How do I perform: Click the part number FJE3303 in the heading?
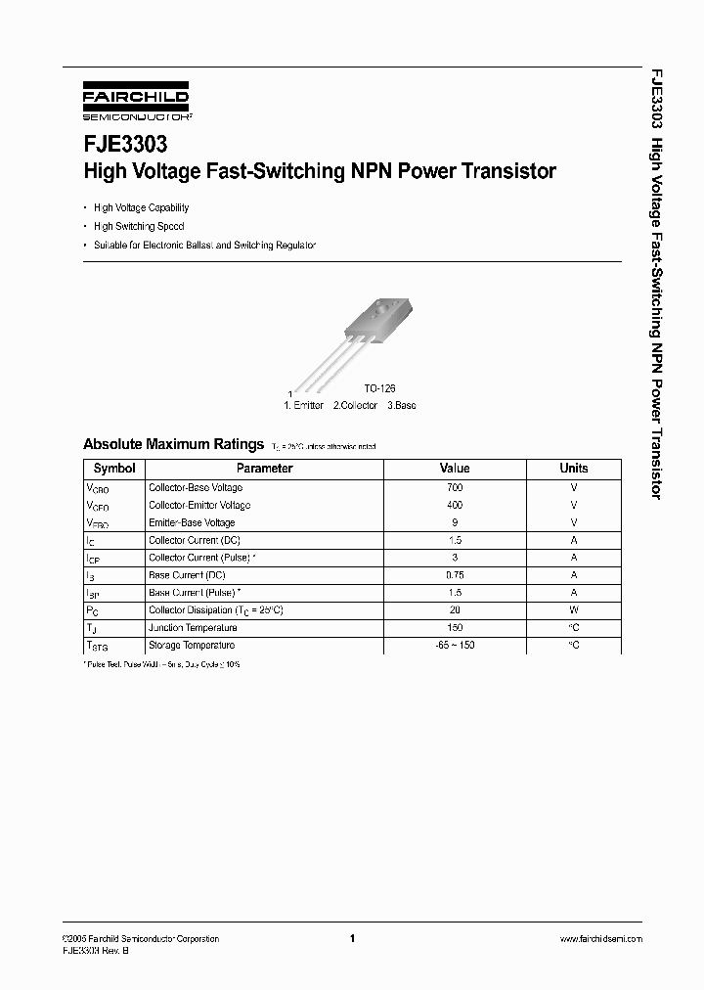click(x=117, y=144)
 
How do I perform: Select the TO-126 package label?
click(x=379, y=388)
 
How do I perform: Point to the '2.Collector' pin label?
click(x=355, y=404)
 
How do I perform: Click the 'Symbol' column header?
click(x=114, y=469)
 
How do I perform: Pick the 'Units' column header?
click(x=574, y=469)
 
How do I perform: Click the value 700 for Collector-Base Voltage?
click(x=455, y=487)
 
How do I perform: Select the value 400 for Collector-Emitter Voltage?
click(x=455, y=505)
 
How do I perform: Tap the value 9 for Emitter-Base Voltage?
click(x=455, y=522)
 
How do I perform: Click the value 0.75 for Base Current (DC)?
click(x=455, y=575)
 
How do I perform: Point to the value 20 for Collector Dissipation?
click(x=455, y=610)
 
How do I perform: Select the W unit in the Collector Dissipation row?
click(x=574, y=610)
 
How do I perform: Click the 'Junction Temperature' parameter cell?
click(x=193, y=628)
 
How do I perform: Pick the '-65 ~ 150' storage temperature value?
click(x=455, y=646)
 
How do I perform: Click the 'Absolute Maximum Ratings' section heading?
click(x=173, y=444)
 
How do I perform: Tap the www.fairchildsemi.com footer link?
click(x=600, y=939)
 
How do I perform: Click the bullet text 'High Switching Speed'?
click(x=139, y=226)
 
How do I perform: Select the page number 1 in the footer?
click(x=352, y=939)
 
